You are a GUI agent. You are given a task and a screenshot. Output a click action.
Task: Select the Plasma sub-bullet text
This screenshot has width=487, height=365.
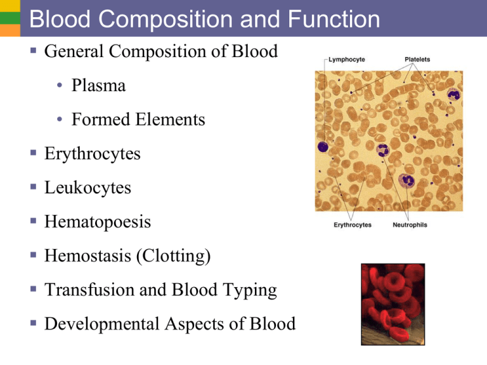[x=98, y=86]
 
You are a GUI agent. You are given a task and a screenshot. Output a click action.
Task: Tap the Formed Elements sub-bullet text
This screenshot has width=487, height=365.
[x=138, y=119]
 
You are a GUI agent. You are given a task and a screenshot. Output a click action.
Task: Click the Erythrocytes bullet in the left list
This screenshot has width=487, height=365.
[x=93, y=154]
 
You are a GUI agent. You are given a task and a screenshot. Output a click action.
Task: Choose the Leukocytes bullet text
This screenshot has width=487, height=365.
[x=88, y=188]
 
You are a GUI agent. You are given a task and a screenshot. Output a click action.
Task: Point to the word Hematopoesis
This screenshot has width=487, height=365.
[x=97, y=222]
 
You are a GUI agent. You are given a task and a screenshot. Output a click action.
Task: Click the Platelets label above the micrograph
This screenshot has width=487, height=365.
[x=417, y=60]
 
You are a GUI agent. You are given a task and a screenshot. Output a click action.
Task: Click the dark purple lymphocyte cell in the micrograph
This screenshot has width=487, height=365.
[x=323, y=147]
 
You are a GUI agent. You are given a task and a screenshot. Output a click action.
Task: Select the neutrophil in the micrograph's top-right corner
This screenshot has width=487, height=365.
[x=453, y=95]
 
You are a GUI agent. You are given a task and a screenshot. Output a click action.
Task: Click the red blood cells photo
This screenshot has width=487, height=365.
[x=393, y=304]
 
